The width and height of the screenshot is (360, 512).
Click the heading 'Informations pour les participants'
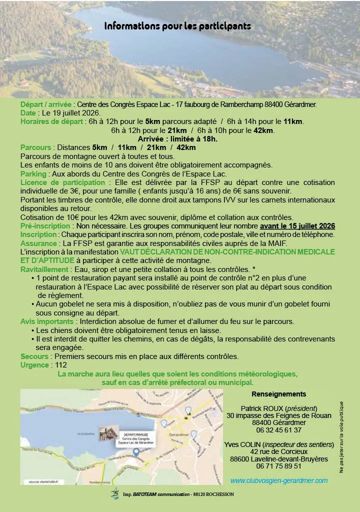coord(177,26)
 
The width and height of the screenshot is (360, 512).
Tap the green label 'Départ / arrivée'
coord(46,104)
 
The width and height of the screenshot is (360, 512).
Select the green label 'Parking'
coord(33,173)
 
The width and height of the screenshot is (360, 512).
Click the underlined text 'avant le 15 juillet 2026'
coord(296,225)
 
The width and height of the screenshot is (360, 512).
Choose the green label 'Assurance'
coord(38,243)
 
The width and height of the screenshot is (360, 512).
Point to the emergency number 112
coord(61,365)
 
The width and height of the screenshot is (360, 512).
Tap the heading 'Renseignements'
coord(278,394)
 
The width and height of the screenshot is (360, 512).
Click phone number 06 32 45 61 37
coord(278,430)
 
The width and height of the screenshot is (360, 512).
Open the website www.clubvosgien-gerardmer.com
coord(278,480)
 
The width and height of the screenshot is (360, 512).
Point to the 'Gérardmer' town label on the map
coord(183,432)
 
